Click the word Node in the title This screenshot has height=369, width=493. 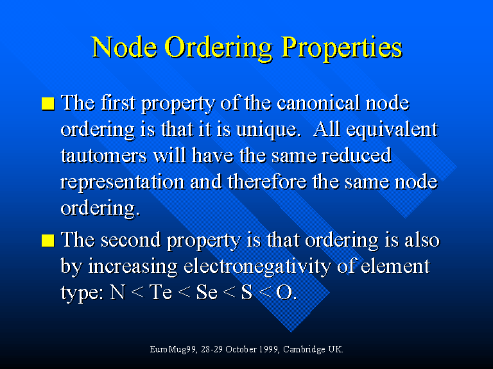[124, 47]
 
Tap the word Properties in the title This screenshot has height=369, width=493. [342, 47]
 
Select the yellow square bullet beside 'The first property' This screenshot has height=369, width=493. [48, 104]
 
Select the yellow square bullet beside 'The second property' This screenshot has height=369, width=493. [48, 241]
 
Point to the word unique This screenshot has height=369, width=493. [266, 129]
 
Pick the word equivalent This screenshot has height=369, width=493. [392, 129]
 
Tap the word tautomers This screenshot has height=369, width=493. [104, 156]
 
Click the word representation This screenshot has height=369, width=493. [123, 183]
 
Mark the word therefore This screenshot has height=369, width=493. [267, 181]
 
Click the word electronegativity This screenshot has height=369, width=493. [257, 266]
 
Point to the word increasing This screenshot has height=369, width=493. [133, 266]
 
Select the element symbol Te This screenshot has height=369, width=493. [160, 292]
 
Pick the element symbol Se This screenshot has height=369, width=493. [207, 292]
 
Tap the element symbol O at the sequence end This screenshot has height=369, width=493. [284, 292]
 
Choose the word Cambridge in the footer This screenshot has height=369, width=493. [304, 350]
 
